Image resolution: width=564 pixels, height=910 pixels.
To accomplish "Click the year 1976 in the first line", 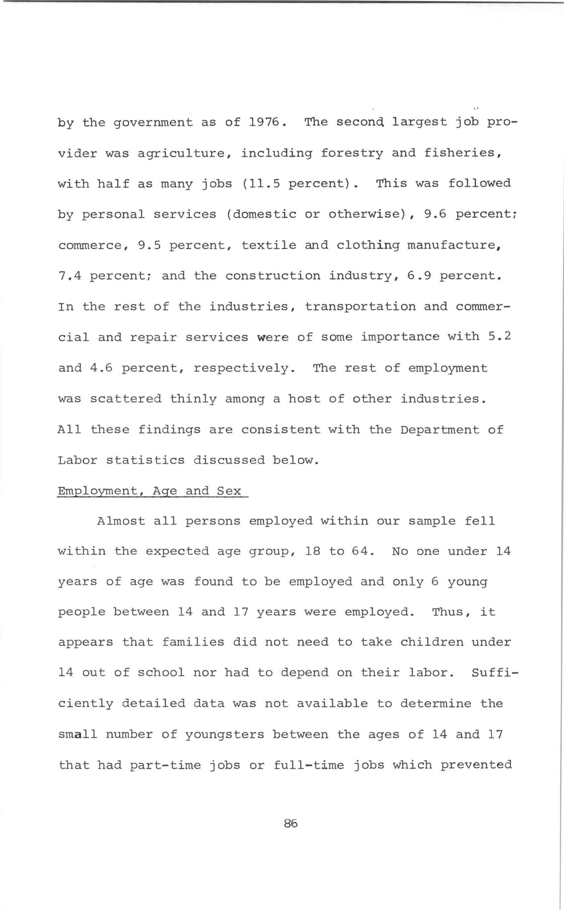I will (x=264, y=122).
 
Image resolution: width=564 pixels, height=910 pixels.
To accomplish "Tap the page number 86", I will (x=291, y=823).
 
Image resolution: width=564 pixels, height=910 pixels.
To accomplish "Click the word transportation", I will (x=360, y=306).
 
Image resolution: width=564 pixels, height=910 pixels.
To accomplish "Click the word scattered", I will (x=126, y=399).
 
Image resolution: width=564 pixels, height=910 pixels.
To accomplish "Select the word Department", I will (x=440, y=430).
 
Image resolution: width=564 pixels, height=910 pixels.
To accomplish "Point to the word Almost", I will (x=121, y=521).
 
